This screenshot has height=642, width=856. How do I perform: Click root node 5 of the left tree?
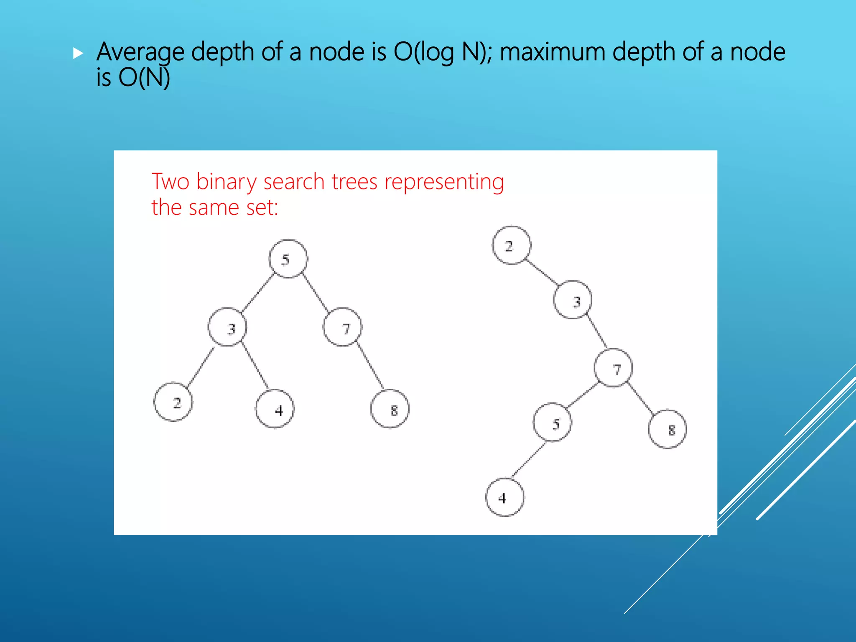(x=288, y=259)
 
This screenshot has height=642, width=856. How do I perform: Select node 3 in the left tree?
(x=227, y=327)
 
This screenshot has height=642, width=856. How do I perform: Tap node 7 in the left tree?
(x=342, y=327)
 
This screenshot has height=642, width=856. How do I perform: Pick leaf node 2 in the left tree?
(x=173, y=402)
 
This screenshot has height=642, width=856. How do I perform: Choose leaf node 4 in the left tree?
(x=275, y=409)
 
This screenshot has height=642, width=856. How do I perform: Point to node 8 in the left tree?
(x=390, y=409)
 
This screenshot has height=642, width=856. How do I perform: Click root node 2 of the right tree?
(x=512, y=245)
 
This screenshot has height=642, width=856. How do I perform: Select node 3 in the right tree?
(x=573, y=300)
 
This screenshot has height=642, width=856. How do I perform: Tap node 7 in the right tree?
(x=613, y=368)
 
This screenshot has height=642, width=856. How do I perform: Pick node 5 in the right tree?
(x=552, y=422)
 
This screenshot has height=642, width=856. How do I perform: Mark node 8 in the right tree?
(x=667, y=429)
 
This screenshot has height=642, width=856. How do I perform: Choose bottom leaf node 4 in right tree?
(x=504, y=497)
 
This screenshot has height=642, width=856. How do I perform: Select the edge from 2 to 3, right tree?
(x=542, y=273)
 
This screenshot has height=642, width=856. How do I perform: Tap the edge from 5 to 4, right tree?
(x=529, y=460)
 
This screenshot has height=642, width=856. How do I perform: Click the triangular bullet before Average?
(x=78, y=53)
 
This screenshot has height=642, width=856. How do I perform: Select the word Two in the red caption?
(x=170, y=182)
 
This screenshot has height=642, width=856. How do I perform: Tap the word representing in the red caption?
(x=444, y=182)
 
